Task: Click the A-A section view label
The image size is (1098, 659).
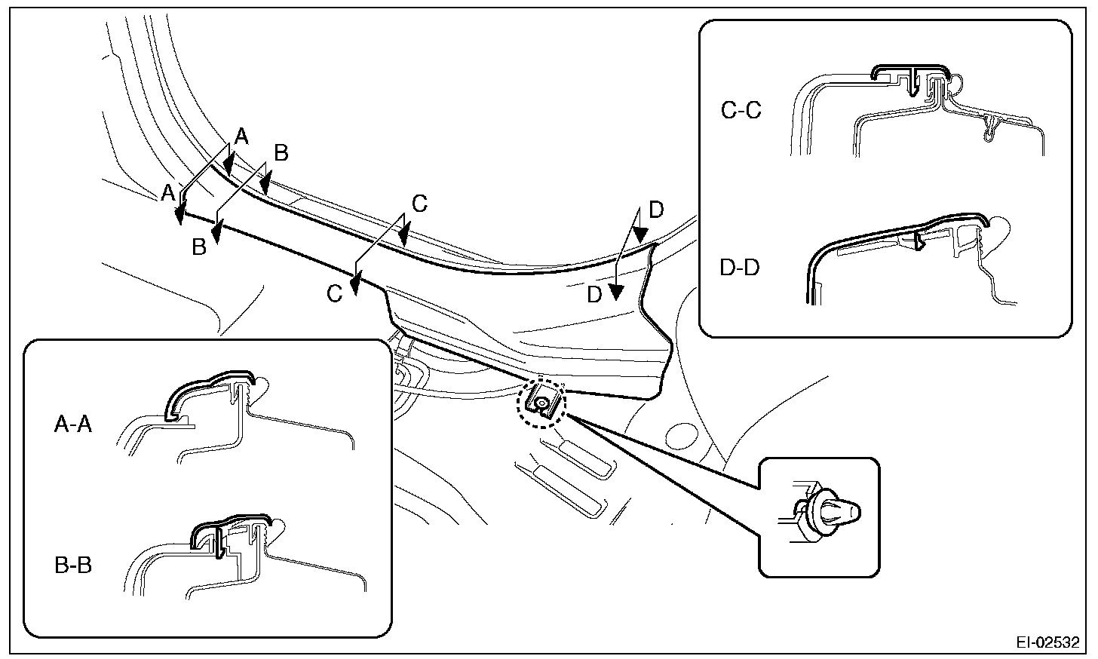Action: pos(73,426)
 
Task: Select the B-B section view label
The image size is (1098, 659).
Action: pos(73,565)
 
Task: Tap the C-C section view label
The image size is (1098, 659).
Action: pos(741,110)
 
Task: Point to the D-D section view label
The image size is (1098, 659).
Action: pos(740,268)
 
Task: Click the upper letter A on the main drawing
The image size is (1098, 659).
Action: pos(241,136)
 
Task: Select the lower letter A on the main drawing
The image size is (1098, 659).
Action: pos(167,194)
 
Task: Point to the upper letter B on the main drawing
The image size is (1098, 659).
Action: pos(281,153)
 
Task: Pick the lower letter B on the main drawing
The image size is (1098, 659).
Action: pos(199,247)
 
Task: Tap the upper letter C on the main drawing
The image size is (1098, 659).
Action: pos(420,204)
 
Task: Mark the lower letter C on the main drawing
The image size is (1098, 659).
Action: pos(335,293)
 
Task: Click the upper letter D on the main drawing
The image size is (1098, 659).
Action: pos(656,210)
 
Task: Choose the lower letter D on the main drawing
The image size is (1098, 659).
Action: pos(595,296)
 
